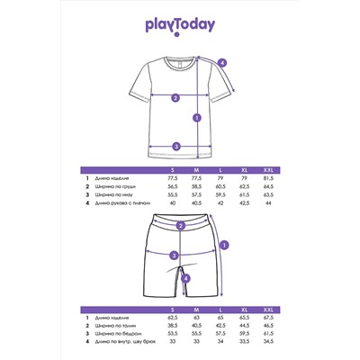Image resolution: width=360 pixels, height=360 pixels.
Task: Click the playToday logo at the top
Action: tap(180, 28)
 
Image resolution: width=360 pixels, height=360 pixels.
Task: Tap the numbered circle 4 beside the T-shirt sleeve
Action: tap(222, 62)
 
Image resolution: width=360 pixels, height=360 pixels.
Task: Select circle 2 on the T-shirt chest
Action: tap(175, 98)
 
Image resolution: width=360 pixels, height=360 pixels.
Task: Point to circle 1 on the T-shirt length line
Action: tap(196, 117)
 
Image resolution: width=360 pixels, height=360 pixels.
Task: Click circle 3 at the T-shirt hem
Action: tap(176, 146)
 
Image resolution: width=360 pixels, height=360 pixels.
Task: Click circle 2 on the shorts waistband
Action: tap(181, 227)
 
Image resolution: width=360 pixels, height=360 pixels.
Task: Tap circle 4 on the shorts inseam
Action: tap(184, 278)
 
